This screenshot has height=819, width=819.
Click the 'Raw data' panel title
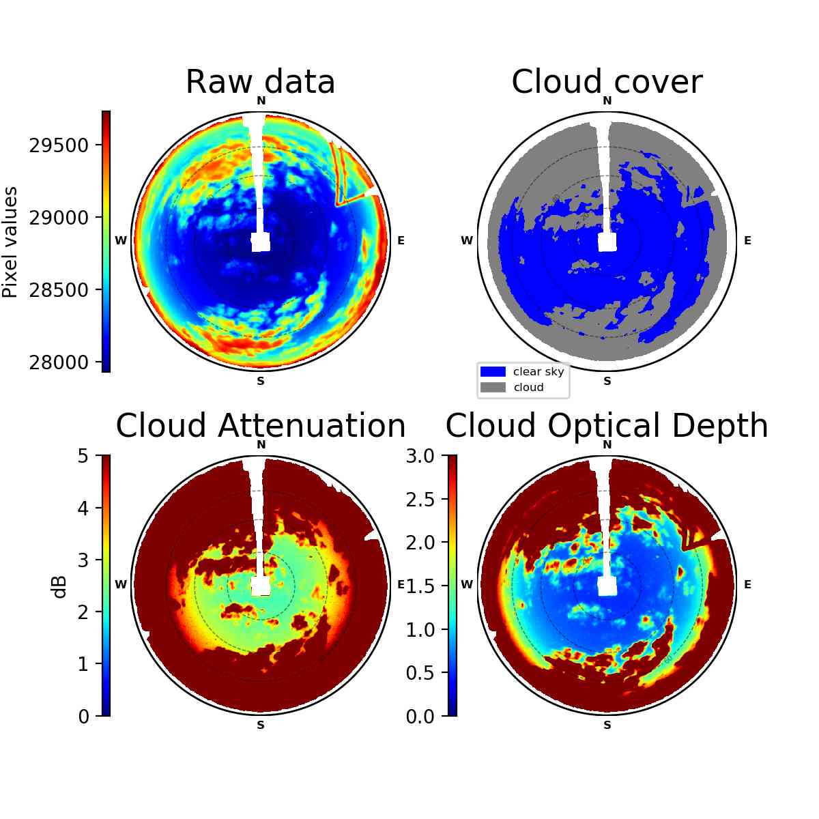coord(260,82)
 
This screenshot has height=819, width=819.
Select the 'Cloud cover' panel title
coord(607,82)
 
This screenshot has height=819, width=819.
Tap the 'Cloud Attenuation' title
coord(261,425)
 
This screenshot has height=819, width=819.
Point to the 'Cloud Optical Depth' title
coord(607,427)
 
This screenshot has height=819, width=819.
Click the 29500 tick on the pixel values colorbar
coord(59,145)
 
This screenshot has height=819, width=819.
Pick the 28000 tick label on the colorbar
coord(59,362)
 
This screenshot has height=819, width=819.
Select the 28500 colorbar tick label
coord(59,290)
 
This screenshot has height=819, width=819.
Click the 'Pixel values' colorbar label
coord(10,242)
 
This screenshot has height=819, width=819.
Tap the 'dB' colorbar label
coord(60,588)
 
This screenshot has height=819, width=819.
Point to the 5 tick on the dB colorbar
coord(83,456)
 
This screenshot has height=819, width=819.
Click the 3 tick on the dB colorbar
coord(83,560)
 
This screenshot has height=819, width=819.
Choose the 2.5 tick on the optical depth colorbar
coord(420,500)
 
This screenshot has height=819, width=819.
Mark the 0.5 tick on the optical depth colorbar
coord(420,673)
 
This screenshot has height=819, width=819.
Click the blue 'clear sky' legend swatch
coord(493,372)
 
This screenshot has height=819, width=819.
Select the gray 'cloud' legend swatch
coord(493,387)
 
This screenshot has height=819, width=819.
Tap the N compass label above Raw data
coord(261,101)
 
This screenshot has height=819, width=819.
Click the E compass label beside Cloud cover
coord(747,240)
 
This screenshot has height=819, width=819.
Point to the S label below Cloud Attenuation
coord(261,725)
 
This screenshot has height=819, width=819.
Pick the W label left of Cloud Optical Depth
coord(467,584)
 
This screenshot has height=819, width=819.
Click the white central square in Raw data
coord(261,242)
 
